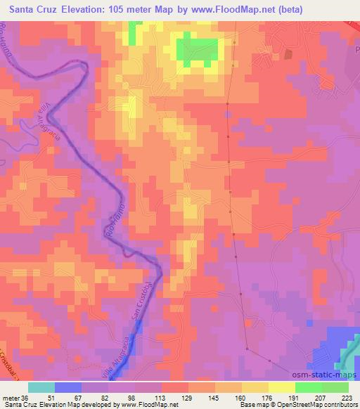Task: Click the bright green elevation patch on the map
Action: pos(198,51)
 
